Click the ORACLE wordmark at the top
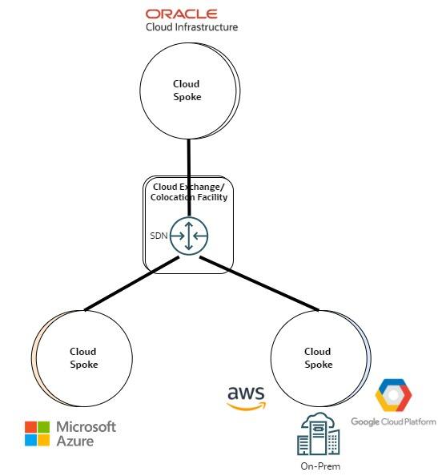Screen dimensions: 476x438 tap(181, 13)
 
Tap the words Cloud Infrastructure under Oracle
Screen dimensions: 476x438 tap(191, 26)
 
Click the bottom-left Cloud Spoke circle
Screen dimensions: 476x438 tap(83, 357)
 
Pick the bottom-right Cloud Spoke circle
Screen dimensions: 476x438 tap(318, 357)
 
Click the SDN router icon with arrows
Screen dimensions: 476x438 tap(188, 236)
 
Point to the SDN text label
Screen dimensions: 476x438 tap(159, 236)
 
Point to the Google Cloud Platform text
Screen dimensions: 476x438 tap(393, 422)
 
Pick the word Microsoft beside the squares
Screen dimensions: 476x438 tap(86, 426)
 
